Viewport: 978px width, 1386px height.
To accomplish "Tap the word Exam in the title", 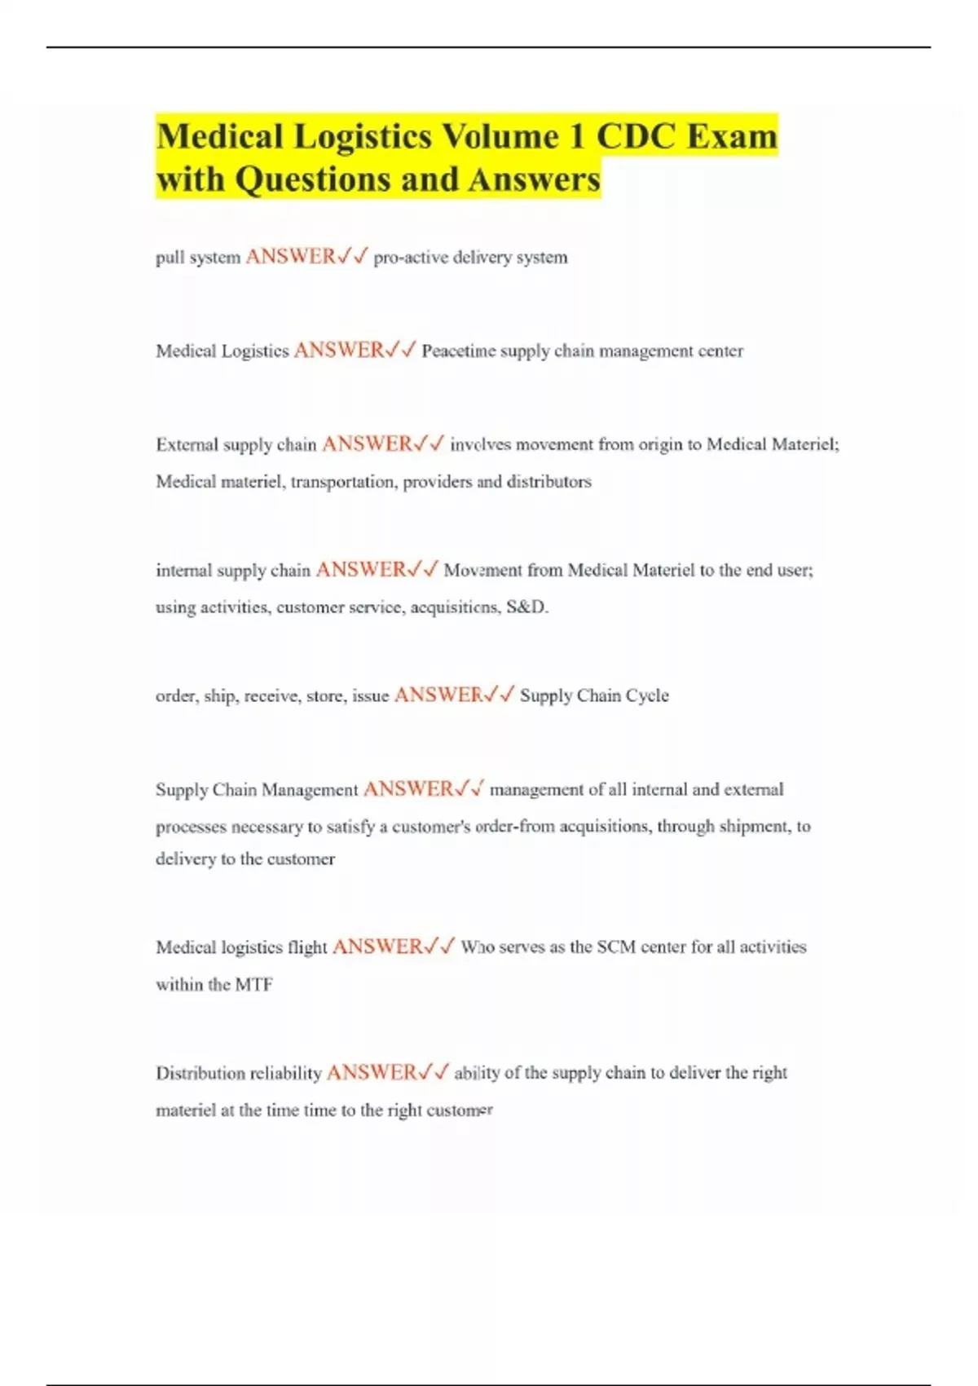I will click(732, 136).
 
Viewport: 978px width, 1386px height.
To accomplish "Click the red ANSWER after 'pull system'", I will click(290, 257).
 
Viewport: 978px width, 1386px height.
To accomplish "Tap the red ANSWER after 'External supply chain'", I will click(367, 444).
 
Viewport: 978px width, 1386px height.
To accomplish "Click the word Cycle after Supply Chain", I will click(647, 695).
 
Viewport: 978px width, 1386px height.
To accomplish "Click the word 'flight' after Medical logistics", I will click(307, 947).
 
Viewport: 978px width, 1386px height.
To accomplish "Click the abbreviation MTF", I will click(253, 985).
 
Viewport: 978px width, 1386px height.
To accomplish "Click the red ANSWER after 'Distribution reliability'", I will click(372, 1073).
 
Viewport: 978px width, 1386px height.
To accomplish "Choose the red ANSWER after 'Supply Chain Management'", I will click(407, 789).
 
